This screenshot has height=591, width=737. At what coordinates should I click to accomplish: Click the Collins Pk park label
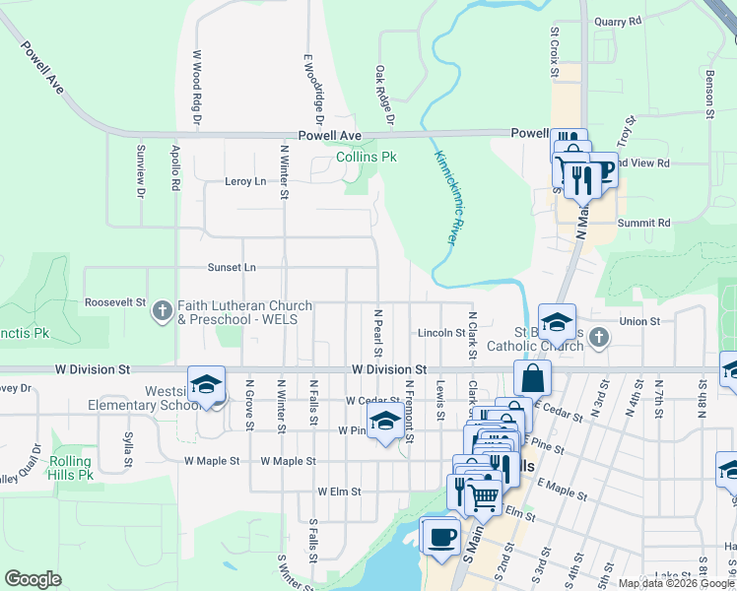367,157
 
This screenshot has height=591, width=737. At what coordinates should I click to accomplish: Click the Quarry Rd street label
618,20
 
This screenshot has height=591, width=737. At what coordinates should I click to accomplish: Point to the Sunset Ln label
232,267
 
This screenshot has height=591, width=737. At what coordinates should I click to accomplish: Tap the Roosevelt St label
115,302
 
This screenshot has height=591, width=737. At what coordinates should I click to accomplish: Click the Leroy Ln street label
245,181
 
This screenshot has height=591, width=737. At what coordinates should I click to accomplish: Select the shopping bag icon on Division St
532,378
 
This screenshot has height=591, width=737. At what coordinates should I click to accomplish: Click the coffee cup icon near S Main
439,537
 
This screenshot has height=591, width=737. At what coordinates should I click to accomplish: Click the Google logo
33,579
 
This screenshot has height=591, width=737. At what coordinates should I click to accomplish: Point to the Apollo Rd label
175,168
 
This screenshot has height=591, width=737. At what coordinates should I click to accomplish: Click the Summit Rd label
643,224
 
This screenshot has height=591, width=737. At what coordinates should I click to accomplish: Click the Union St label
639,321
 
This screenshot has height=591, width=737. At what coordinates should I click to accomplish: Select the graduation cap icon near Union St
557,321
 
